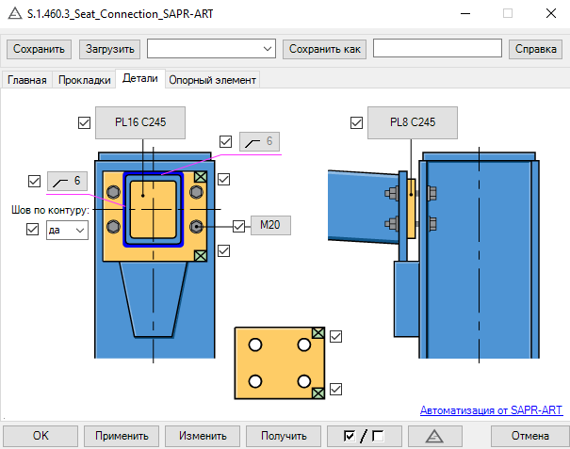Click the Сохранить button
(x=39, y=49)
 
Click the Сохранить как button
(x=325, y=49)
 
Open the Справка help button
(x=535, y=49)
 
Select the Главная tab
(x=27, y=80)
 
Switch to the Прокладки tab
(x=85, y=80)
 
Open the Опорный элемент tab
(x=213, y=80)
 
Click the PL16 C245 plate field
(x=140, y=122)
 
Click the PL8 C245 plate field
(x=413, y=122)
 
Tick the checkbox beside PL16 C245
(x=85, y=122)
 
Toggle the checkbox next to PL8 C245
(x=357, y=122)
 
